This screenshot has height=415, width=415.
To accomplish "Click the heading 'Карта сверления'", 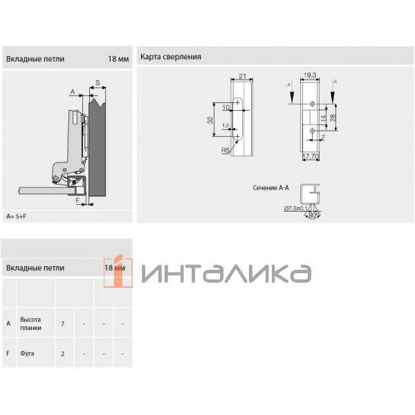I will [x=171, y=57].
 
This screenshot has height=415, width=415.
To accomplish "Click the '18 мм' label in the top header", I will [x=118, y=59].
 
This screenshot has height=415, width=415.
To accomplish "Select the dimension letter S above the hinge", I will [x=98, y=84].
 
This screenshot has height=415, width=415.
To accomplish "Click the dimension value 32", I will [x=210, y=120].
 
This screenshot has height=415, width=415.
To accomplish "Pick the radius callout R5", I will [x=225, y=149].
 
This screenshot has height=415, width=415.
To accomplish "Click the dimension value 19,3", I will [x=309, y=75].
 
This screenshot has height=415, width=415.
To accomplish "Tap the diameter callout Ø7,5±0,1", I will [x=295, y=208].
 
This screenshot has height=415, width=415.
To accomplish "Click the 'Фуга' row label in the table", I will [x=27, y=353].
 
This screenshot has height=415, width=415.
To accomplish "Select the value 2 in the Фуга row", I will [x=63, y=353].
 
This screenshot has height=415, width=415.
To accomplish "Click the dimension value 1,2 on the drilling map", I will [x=225, y=125].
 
